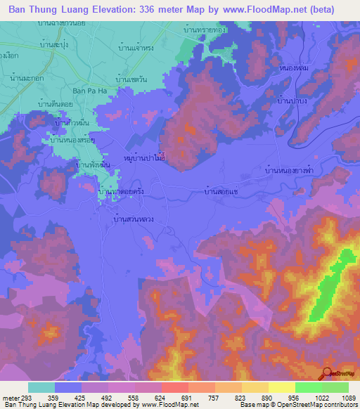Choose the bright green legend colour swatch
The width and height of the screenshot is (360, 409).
pyautogui.click(x=308, y=387)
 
